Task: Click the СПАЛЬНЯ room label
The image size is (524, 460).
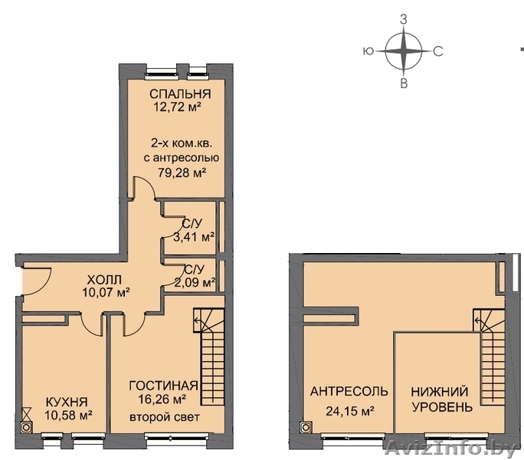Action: point(180,94)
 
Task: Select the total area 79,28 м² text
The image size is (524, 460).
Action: point(182,172)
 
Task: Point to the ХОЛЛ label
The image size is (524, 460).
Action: point(104,279)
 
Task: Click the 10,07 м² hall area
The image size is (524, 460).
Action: point(106,292)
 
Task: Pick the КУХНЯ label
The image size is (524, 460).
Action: point(67,402)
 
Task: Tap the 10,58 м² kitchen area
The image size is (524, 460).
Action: point(68,415)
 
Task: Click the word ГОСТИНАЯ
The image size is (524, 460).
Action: point(163,386)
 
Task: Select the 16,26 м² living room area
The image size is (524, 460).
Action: point(162,399)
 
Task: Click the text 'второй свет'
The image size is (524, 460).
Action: point(165,417)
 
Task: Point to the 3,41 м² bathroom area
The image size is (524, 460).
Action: point(194,237)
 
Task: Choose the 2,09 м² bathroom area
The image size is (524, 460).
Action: point(195,283)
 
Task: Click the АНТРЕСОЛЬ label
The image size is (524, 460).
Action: point(349,391)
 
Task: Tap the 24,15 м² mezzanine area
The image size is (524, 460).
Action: point(349,411)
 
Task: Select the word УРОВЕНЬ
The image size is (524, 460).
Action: point(442,407)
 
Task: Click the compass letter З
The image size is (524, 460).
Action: point(404,20)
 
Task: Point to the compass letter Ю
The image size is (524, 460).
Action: point(368,51)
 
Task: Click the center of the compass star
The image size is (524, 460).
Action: point(404,51)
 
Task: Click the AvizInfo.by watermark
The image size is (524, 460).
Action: point(450,449)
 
